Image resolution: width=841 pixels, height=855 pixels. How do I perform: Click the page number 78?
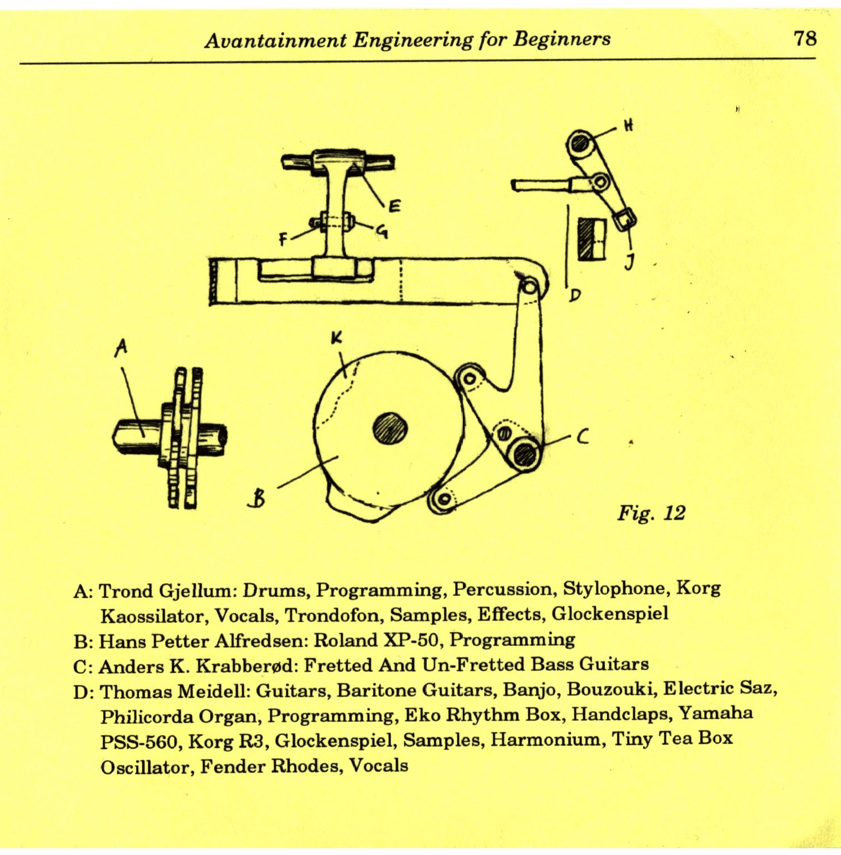point(804,38)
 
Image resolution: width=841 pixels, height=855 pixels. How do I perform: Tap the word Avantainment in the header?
point(276,40)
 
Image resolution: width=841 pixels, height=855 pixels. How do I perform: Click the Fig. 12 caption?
point(651,513)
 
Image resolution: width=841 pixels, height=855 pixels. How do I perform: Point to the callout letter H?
point(628,125)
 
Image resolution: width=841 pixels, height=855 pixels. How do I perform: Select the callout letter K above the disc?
point(336,338)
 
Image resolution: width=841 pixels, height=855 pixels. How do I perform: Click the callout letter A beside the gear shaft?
point(120,348)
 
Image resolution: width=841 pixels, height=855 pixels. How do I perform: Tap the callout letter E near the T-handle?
point(395,206)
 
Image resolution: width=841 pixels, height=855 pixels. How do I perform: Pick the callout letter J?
point(630,261)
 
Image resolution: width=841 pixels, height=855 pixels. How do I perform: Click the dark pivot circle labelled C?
point(525,453)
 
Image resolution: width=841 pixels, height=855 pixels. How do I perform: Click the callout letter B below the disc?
point(258,498)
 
